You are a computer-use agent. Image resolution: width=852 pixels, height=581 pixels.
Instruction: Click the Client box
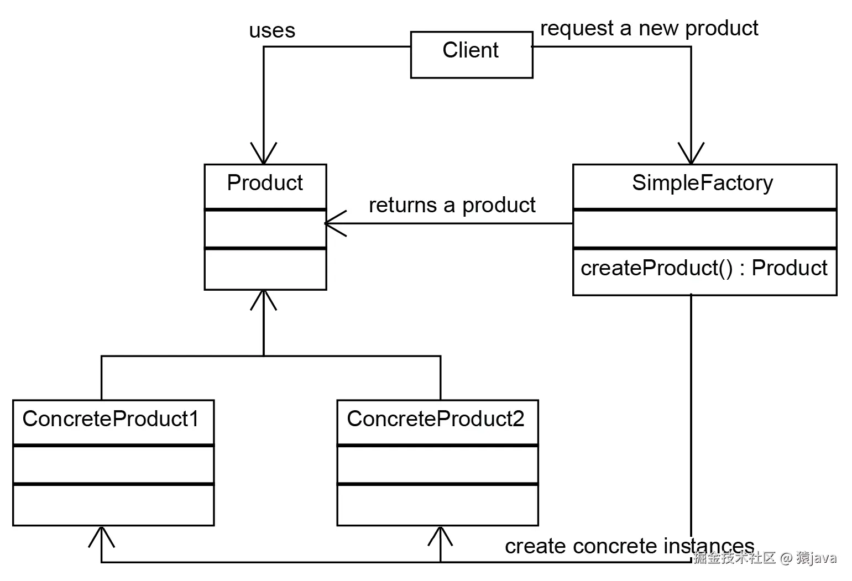[471, 54]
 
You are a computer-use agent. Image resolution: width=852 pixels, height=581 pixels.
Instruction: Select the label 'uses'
[271, 30]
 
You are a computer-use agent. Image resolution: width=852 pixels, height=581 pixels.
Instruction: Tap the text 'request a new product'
[649, 28]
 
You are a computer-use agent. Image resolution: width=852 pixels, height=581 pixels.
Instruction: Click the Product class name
[265, 183]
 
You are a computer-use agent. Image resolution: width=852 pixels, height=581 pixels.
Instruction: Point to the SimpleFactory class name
[702, 183]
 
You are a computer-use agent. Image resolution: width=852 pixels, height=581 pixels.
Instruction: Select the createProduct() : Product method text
[703, 268]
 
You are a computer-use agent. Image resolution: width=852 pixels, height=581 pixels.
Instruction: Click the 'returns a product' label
[452, 205]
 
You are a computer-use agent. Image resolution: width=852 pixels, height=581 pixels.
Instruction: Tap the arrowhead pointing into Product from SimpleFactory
[333, 223]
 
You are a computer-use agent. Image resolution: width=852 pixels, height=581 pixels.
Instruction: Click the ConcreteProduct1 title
[111, 419]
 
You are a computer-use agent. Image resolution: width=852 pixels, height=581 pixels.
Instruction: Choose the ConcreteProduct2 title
[435, 419]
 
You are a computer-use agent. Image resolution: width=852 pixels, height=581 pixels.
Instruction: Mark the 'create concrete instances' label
[629, 546]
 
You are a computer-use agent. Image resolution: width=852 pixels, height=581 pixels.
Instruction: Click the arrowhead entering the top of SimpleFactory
[691, 154]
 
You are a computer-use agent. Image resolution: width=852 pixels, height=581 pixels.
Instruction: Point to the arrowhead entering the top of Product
[264, 154]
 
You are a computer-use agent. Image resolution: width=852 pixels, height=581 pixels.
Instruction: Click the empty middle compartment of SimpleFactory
[704, 229]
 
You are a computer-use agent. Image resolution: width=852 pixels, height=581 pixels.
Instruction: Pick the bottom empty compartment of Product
[265, 269]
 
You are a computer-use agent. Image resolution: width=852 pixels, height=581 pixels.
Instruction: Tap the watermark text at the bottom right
[765, 558]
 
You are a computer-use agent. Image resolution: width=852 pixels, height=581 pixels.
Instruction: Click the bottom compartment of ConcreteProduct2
[437, 505]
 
